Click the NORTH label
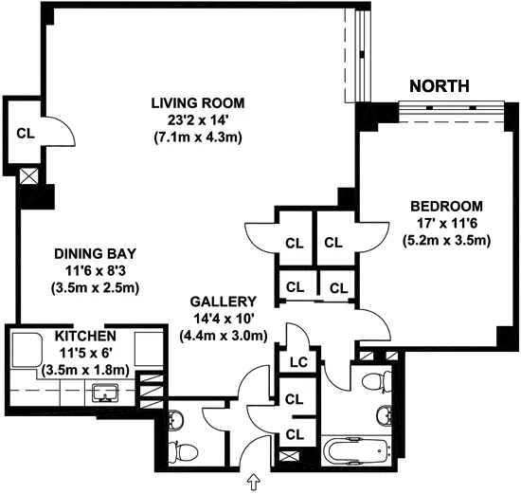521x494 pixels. coord(439,86)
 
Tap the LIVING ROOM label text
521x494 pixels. coord(199,102)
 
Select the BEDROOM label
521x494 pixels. coord(446,207)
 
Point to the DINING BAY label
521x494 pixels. coord(97,254)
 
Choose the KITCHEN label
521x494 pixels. coord(85,338)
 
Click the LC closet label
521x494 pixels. coord(295,361)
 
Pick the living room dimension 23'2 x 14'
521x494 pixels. coord(199,119)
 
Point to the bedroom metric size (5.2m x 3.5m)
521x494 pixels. coord(446,241)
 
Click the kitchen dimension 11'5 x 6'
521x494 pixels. coord(85,354)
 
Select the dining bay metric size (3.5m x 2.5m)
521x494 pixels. coord(97,288)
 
